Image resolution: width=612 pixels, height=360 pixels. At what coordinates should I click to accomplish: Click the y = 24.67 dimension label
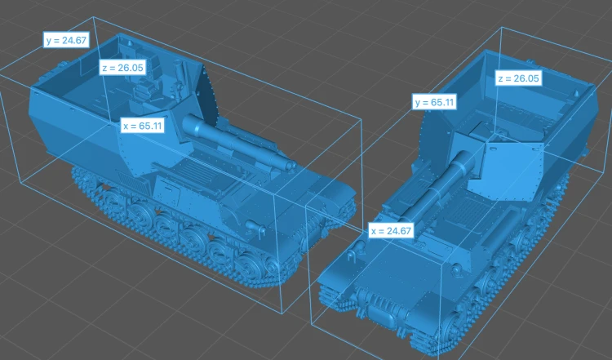click(66, 40)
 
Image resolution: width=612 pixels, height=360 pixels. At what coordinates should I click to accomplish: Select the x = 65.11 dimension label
click(142, 126)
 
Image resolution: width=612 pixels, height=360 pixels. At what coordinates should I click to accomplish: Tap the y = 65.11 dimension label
click(434, 102)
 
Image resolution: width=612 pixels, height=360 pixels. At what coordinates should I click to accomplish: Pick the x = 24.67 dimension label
click(391, 231)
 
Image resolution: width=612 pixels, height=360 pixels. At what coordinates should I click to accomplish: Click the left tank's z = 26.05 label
click(122, 68)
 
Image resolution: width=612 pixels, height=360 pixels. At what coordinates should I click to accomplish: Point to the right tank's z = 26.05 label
click(518, 78)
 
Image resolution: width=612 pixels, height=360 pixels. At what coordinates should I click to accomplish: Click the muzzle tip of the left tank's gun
click(291, 166)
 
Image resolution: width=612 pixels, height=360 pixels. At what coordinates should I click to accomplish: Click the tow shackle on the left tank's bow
click(254, 227)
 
